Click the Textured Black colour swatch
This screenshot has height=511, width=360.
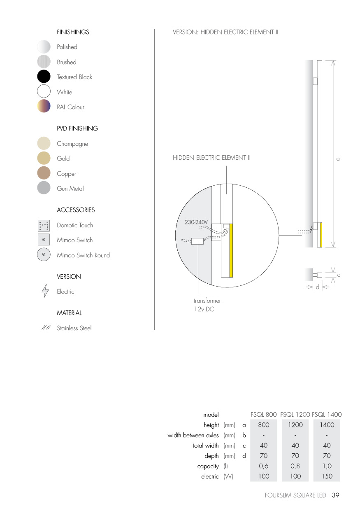point(44,77)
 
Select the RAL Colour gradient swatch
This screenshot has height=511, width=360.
point(44,106)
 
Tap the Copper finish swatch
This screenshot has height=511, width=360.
point(44,173)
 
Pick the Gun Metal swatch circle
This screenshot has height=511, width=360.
point(44,188)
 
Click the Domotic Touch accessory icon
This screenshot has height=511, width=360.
point(44,226)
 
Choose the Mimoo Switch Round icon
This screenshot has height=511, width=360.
point(44,254)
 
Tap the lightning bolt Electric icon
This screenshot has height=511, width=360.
point(45,291)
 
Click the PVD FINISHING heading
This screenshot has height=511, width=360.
point(77,128)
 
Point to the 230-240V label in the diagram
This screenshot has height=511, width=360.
point(196,222)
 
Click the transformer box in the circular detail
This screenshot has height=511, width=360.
point(197,241)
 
